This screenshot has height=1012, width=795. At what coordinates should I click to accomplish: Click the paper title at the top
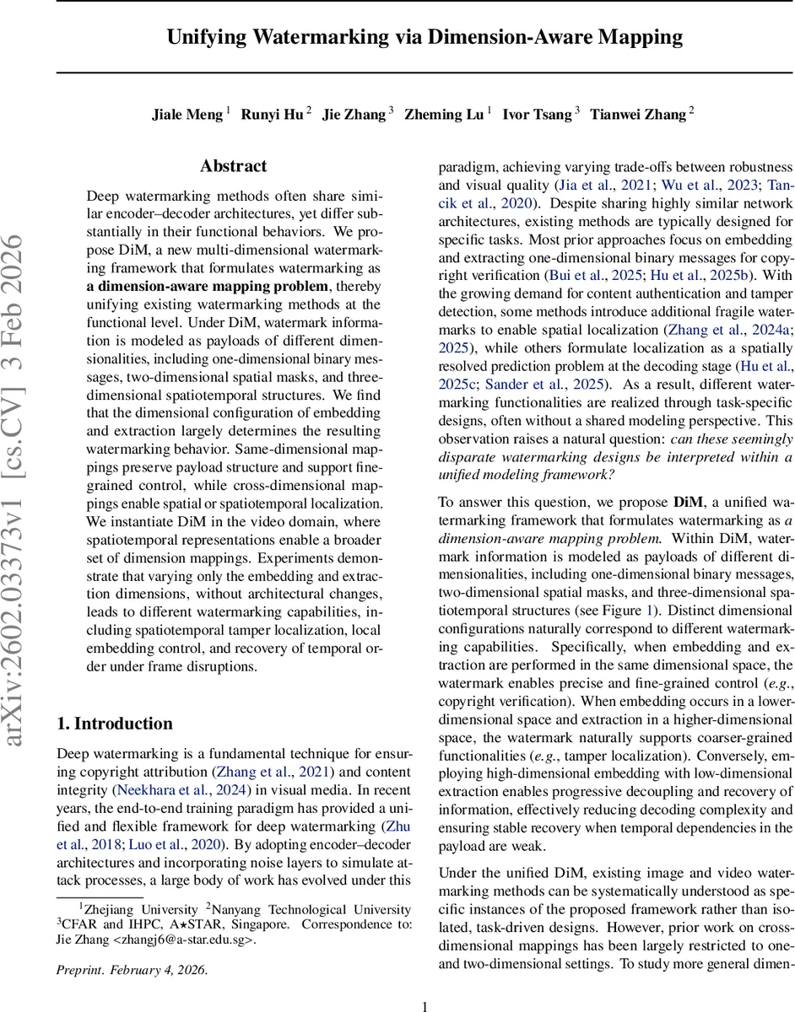pos(425,37)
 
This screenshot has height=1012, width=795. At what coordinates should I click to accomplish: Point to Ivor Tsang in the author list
pos(537,115)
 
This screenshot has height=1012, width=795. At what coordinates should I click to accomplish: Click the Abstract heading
pos(234,166)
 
